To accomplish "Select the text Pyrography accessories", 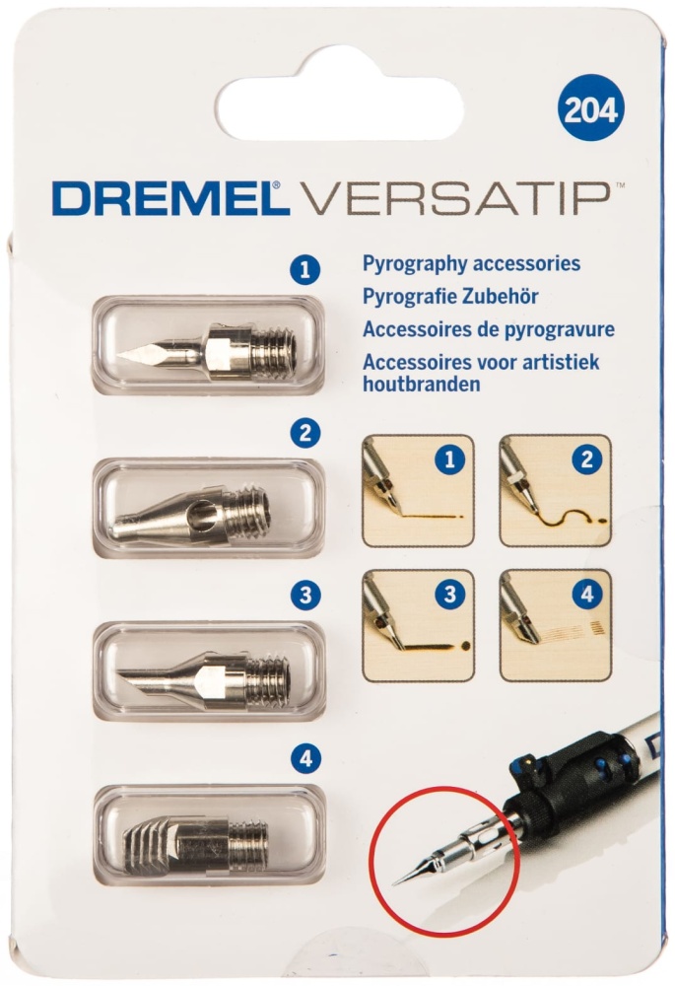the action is click(471, 263).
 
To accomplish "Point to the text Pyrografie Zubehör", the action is click(450, 296).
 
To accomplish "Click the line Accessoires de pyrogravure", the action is click(489, 329).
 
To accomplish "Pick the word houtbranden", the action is click(421, 384).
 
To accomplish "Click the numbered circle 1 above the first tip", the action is click(305, 270).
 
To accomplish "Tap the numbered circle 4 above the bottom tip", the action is click(306, 759).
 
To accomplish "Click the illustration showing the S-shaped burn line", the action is click(556, 490).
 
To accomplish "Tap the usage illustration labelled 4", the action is click(556, 626).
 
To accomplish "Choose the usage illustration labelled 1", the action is click(418, 490).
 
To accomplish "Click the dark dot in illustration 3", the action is click(466, 645).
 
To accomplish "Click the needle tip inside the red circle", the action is click(393, 884).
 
